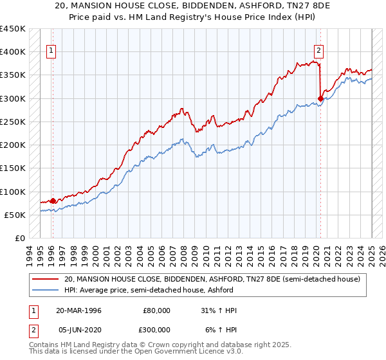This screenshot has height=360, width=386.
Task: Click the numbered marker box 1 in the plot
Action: pos(51,53)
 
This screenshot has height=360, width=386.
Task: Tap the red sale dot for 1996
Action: pos(53,201)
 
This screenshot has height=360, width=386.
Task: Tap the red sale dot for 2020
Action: pos(320,98)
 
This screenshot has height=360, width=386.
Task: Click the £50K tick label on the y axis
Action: pos(15,215)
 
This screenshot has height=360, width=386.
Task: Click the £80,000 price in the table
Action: pos(156,310)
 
